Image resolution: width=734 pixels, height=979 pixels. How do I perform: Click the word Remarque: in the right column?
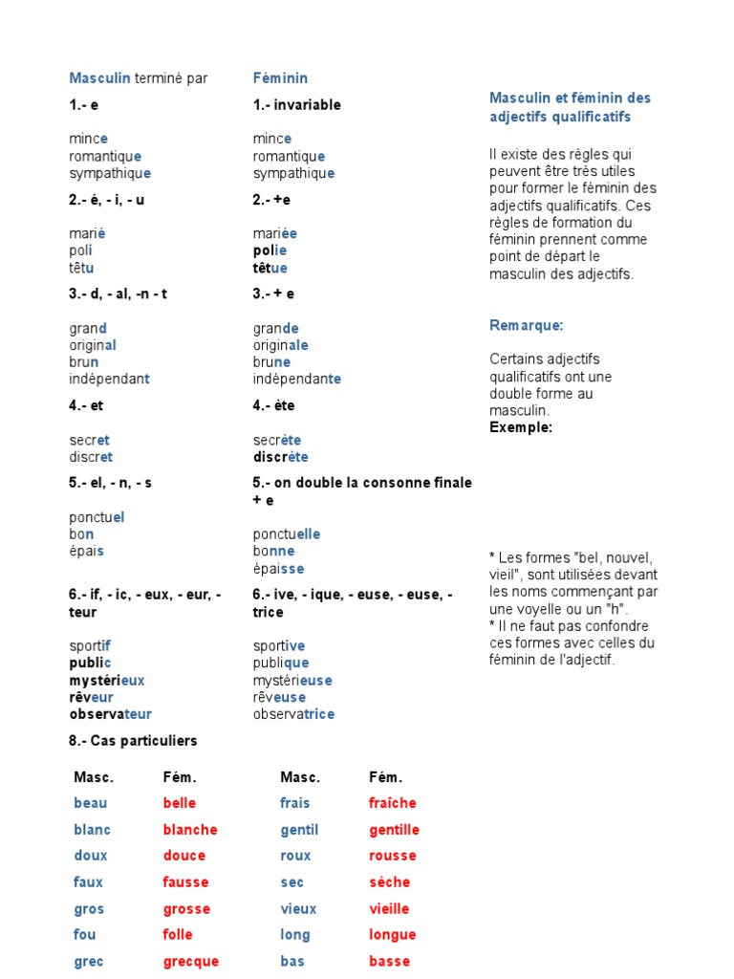click(x=527, y=326)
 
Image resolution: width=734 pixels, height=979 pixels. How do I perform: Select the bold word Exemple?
click(x=521, y=427)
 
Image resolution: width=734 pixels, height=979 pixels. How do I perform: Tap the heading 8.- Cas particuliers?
click(x=133, y=741)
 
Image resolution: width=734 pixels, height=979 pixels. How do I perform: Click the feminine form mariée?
click(x=275, y=234)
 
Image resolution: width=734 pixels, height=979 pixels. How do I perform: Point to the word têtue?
click(x=270, y=269)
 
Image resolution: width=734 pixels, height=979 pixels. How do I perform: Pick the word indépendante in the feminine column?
click(x=297, y=379)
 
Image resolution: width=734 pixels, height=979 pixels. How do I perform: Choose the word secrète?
click(x=277, y=440)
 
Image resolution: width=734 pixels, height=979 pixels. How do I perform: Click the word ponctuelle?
click(x=287, y=534)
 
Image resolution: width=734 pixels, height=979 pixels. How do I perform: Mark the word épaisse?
click(x=276, y=569)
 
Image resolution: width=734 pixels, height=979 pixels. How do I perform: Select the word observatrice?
click(x=294, y=714)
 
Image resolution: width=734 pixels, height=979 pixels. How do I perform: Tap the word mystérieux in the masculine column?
click(x=107, y=680)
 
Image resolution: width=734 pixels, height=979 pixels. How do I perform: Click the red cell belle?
click(x=179, y=803)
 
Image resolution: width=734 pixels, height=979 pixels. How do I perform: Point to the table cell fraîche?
click(x=393, y=803)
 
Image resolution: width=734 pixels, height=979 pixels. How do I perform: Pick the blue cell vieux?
click(x=298, y=908)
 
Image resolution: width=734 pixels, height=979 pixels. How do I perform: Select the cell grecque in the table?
click(x=191, y=961)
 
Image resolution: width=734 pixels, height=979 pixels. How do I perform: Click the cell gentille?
click(x=395, y=830)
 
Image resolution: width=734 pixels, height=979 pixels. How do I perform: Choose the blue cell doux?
click(x=91, y=856)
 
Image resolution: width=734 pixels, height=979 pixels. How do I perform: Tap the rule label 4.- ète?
click(x=274, y=405)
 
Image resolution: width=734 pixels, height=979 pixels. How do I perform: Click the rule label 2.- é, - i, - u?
click(x=105, y=200)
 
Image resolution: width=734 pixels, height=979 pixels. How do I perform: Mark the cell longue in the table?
click(x=393, y=935)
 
